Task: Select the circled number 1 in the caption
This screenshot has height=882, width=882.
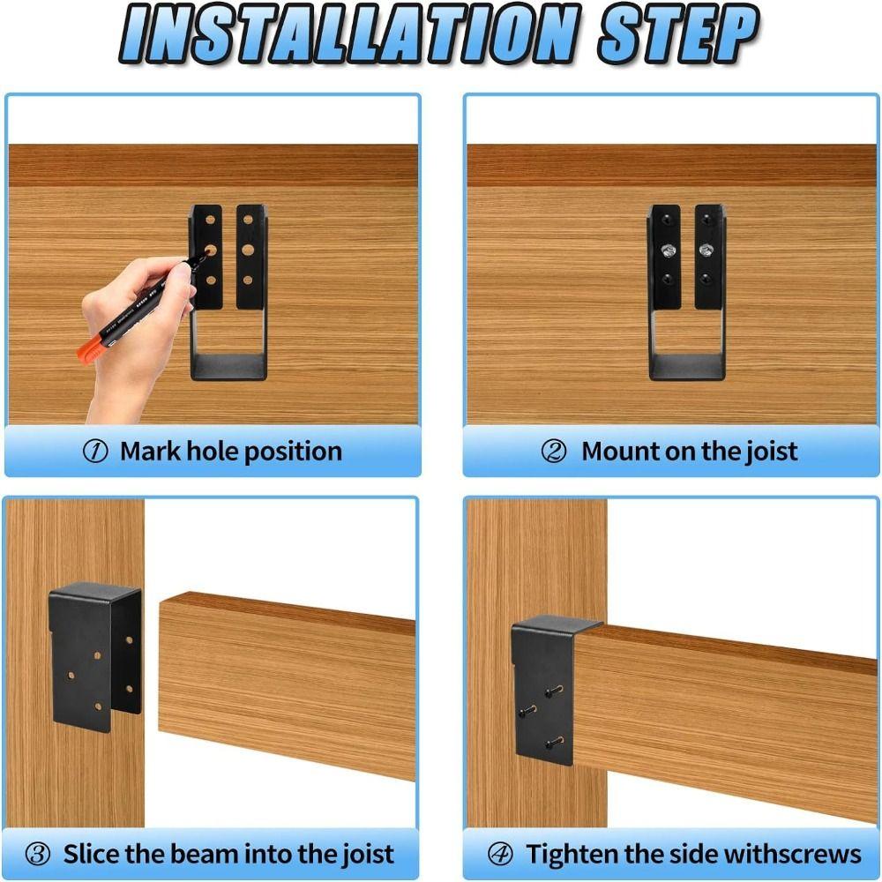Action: [x=94, y=452]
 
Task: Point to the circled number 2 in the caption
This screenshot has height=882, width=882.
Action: [x=554, y=452]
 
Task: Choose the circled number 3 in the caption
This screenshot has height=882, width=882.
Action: [x=38, y=854]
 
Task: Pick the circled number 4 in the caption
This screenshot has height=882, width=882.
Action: [x=500, y=854]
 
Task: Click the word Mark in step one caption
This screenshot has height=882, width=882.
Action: [x=149, y=452]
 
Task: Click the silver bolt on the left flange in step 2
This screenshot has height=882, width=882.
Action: [x=669, y=250]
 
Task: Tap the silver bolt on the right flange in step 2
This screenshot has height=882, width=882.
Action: [x=706, y=250]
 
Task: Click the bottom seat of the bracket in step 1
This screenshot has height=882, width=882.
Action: [x=228, y=367]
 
